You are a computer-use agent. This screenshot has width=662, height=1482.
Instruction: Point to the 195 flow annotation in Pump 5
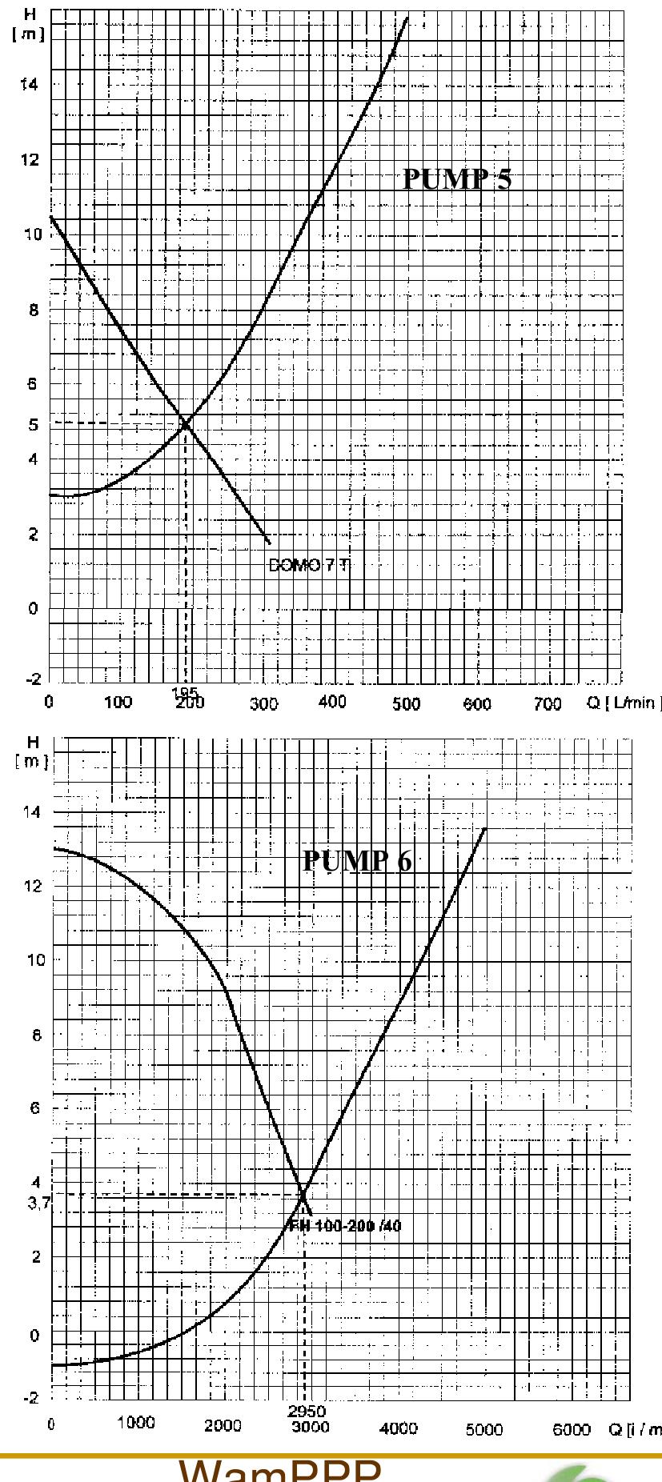(183, 691)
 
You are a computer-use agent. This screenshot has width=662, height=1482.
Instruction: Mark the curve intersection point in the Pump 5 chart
(186, 424)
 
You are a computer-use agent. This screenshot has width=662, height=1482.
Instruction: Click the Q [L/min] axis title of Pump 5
(634, 703)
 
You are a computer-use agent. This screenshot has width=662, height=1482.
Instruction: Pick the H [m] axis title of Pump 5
(34, 24)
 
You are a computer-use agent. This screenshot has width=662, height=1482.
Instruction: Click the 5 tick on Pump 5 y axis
(34, 424)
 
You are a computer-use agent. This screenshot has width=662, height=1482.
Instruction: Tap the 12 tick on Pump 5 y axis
(32, 159)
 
